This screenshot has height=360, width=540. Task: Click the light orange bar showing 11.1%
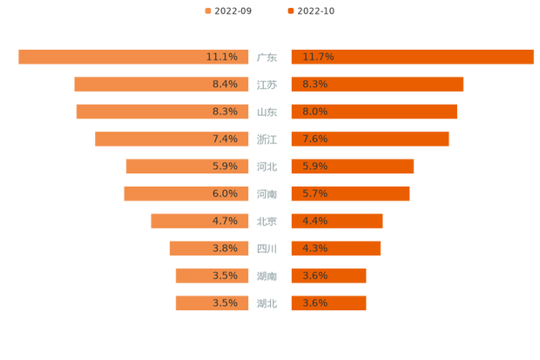131,57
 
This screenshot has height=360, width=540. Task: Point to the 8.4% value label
225,85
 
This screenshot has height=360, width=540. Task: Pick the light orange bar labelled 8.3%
161,112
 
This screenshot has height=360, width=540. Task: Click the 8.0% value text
314,112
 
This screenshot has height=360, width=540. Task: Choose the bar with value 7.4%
170,139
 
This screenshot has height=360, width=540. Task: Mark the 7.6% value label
314,139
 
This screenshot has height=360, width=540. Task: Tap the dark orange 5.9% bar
352,166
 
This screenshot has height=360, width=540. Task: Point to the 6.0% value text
225,194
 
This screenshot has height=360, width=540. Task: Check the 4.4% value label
314,221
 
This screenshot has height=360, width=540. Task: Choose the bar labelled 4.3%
335,248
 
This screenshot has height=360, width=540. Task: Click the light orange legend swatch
207,10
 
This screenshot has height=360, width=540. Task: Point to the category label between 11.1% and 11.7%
267,58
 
